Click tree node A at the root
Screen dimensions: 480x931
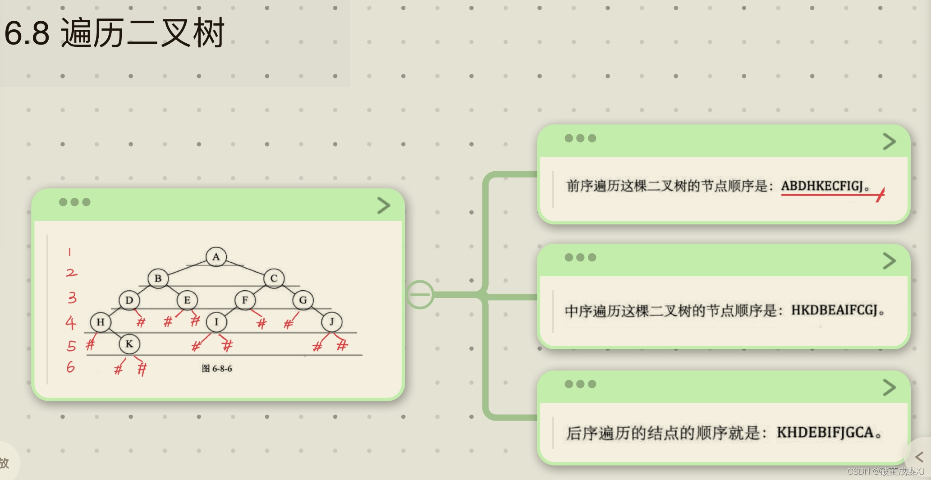216,257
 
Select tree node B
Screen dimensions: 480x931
158,278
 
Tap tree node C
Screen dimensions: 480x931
274,278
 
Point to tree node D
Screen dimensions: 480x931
129,300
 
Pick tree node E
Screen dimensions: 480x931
187,300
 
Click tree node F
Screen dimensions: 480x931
245,300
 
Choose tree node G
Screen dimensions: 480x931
303,300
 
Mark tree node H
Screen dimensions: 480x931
101,322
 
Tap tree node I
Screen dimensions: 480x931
216,322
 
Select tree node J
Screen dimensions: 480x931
332,322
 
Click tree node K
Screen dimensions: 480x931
129,344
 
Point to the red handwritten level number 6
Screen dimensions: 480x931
71,367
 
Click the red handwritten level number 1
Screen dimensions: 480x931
69,251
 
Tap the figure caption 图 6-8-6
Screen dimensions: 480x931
217,369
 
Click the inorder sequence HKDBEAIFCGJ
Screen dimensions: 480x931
834,310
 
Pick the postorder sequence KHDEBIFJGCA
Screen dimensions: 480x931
825,433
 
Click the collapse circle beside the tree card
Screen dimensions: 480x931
420,295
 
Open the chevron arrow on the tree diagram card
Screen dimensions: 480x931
383,206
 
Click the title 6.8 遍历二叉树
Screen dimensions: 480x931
114,33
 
